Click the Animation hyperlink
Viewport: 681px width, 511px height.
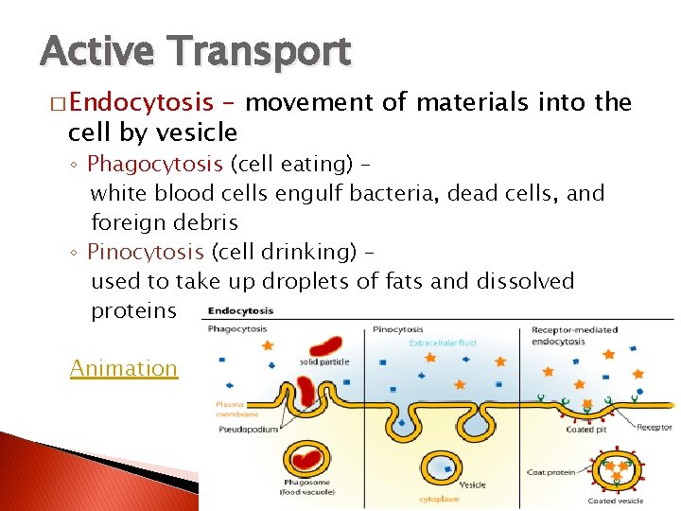[x=123, y=368]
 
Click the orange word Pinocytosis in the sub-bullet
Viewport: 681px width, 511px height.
[x=145, y=252]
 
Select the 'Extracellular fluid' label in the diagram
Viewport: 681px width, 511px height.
[x=443, y=344]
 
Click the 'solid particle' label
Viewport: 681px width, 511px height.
[x=323, y=362]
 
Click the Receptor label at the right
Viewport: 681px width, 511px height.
[x=654, y=428]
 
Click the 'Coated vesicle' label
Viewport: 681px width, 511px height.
[x=615, y=501]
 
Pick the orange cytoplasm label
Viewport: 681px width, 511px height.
[x=439, y=498]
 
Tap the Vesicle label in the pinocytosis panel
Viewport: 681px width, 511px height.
[x=472, y=485]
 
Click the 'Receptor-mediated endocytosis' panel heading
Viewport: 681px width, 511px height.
[x=573, y=335]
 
